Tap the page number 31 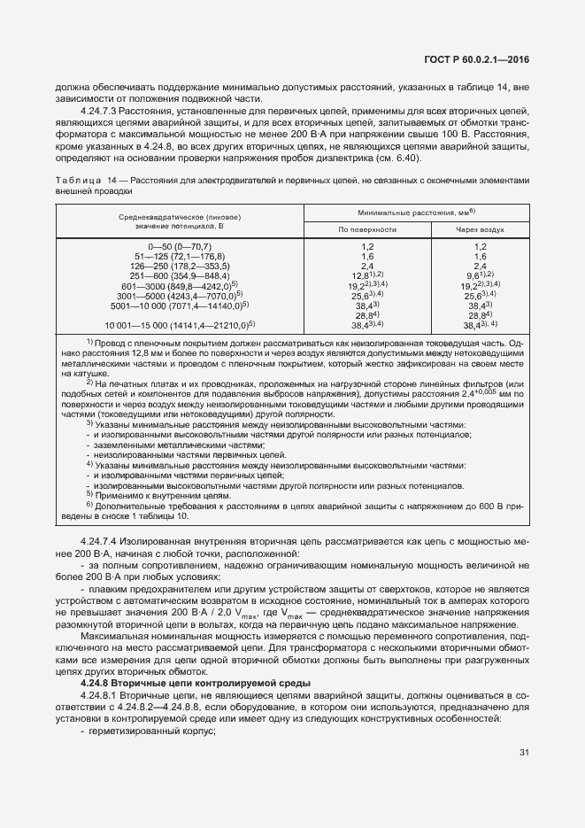click(524, 753)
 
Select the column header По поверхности click(367, 228)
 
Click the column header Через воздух click(481, 228)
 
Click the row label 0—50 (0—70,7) click(180, 245)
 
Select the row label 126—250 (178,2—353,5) click(180, 266)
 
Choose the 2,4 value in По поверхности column click(367, 266)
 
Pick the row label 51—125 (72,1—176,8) click(180, 256)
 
